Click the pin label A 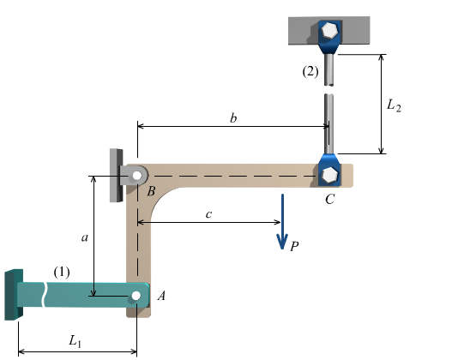coord(161,296)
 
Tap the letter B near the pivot coord(151,192)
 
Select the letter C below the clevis coord(329,199)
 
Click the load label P coord(294,246)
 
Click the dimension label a coord(84,238)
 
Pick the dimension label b coord(233,117)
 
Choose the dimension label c coord(208,213)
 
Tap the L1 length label coord(76,340)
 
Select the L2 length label coord(392,105)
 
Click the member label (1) coord(62,272)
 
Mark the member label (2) coord(310,72)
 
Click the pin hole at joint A coord(136,296)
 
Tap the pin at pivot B coord(136,172)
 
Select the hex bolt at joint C coord(329,174)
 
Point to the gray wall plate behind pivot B coord(115,176)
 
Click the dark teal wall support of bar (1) coord(10,294)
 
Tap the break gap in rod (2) coord(328,90)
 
